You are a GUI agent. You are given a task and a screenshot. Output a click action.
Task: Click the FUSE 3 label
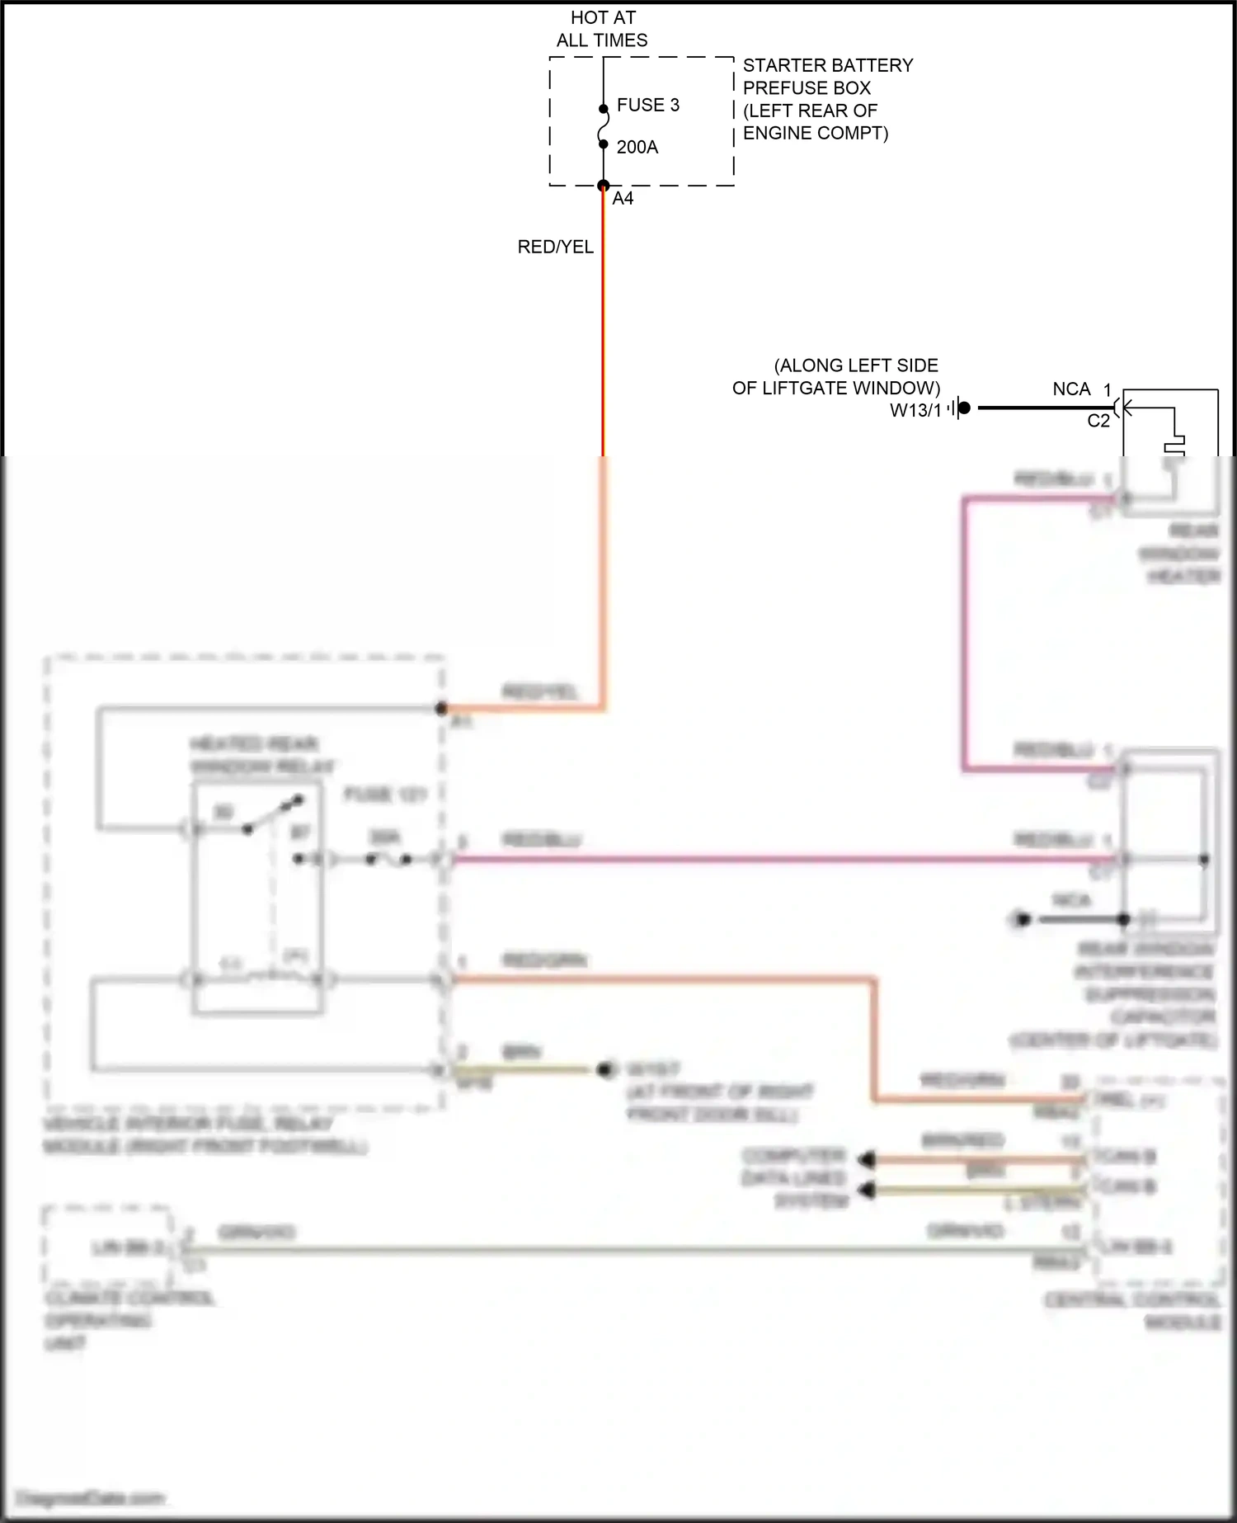pyautogui.click(x=647, y=106)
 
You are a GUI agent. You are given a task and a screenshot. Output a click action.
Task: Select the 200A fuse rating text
pyautogui.click(x=637, y=148)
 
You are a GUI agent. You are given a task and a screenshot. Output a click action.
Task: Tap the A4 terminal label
pyautogui.click(x=623, y=199)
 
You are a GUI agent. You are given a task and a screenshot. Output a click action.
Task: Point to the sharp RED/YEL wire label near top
pyautogui.click(x=555, y=247)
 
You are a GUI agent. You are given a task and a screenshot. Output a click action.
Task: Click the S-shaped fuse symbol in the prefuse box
pyautogui.click(x=604, y=127)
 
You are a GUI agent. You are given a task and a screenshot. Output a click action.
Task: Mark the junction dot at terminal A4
pyautogui.click(x=604, y=186)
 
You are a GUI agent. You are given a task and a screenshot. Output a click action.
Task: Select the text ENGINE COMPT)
pyautogui.click(x=816, y=134)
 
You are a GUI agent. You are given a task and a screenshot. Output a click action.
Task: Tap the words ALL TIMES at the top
pyautogui.click(x=602, y=40)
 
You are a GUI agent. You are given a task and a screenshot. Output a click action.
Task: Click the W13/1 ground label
pyautogui.click(x=915, y=411)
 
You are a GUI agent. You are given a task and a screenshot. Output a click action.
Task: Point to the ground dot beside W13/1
pyautogui.click(x=964, y=408)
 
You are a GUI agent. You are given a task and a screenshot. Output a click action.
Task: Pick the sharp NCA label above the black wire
pyautogui.click(x=1071, y=389)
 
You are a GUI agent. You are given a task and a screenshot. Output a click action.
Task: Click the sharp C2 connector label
pyautogui.click(x=1098, y=421)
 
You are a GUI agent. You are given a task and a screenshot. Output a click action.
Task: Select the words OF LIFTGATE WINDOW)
pyautogui.click(x=836, y=388)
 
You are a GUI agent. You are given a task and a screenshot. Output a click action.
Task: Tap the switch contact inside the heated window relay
pyautogui.click(x=272, y=814)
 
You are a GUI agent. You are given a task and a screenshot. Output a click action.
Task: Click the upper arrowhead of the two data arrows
pyautogui.click(x=866, y=1160)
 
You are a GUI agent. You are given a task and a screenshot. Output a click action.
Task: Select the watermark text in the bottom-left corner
pyautogui.click(x=91, y=1497)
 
